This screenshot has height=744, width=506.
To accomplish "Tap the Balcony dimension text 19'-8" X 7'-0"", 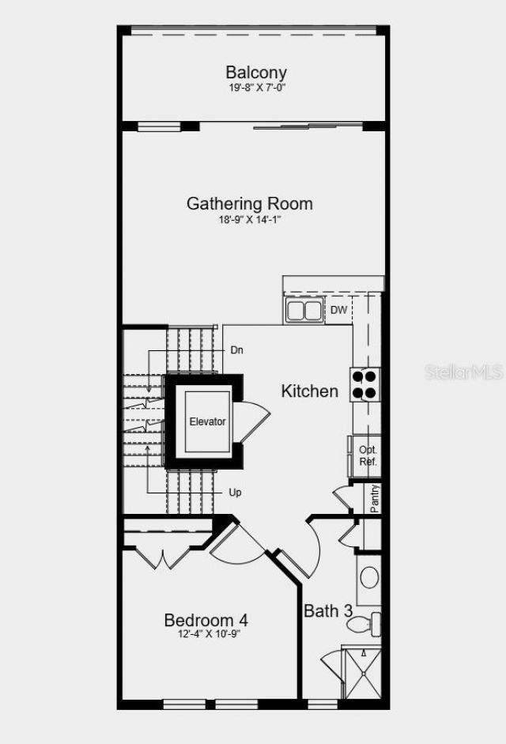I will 255,88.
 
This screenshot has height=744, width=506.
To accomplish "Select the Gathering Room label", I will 249,203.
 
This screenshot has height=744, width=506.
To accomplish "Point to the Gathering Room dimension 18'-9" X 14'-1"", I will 250,220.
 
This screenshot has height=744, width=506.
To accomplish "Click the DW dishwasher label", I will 338,310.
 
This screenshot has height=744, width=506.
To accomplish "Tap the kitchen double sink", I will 304,311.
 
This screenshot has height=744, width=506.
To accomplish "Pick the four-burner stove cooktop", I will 364,384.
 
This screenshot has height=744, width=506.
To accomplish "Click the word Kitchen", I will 310,391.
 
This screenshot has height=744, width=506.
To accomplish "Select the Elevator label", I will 207,421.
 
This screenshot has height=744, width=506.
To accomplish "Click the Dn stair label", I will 237,349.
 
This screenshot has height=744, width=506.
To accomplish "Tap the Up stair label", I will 236,492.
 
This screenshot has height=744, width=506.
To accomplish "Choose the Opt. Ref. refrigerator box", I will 368,455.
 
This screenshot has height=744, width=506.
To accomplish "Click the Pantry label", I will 375,498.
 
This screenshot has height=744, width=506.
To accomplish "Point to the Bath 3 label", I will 328,610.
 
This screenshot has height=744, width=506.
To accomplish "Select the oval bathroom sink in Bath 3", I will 369,577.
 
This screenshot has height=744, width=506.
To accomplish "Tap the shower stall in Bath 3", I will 360,672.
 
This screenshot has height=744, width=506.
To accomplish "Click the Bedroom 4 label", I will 206,620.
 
